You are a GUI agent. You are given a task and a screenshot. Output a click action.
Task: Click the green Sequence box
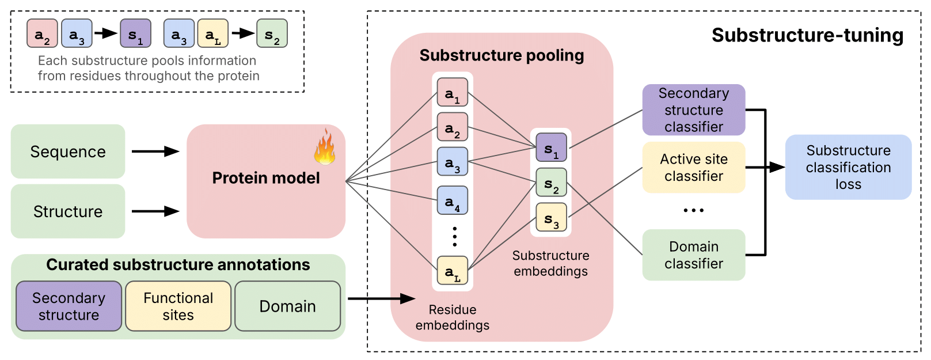[68, 151]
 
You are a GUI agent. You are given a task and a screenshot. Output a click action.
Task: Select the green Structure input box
[68, 211]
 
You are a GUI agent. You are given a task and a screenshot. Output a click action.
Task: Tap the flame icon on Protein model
[325, 147]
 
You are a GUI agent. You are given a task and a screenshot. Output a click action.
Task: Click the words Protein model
[265, 178]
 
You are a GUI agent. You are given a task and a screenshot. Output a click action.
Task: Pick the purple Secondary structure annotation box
[69, 306]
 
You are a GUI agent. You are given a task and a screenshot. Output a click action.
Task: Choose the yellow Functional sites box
[178, 306]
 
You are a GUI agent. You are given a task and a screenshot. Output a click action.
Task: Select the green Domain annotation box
[287, 306]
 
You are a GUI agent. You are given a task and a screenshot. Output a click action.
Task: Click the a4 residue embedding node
[453, 200]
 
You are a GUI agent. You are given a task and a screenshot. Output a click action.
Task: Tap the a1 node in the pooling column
[453, 92]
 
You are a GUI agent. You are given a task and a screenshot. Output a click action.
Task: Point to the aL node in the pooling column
[453, 271]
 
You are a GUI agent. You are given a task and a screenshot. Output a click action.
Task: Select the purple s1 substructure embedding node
[551, 147]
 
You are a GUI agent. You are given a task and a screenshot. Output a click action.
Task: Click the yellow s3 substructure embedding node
[551, 217]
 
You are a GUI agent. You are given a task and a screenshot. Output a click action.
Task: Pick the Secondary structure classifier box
[693, 110]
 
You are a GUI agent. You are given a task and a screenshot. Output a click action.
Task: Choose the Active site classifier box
[693, 168]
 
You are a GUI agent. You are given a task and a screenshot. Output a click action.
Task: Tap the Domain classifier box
[693, 255]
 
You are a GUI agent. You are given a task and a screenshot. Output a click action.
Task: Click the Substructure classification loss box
[848, 168]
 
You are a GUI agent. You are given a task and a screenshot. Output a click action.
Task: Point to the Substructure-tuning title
[807, 35]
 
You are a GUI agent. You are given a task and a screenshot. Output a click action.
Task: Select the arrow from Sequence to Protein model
[155, 151]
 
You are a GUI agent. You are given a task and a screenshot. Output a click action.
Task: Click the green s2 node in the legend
[272, 33]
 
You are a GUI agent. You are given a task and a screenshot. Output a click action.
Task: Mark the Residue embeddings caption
[453, 317]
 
